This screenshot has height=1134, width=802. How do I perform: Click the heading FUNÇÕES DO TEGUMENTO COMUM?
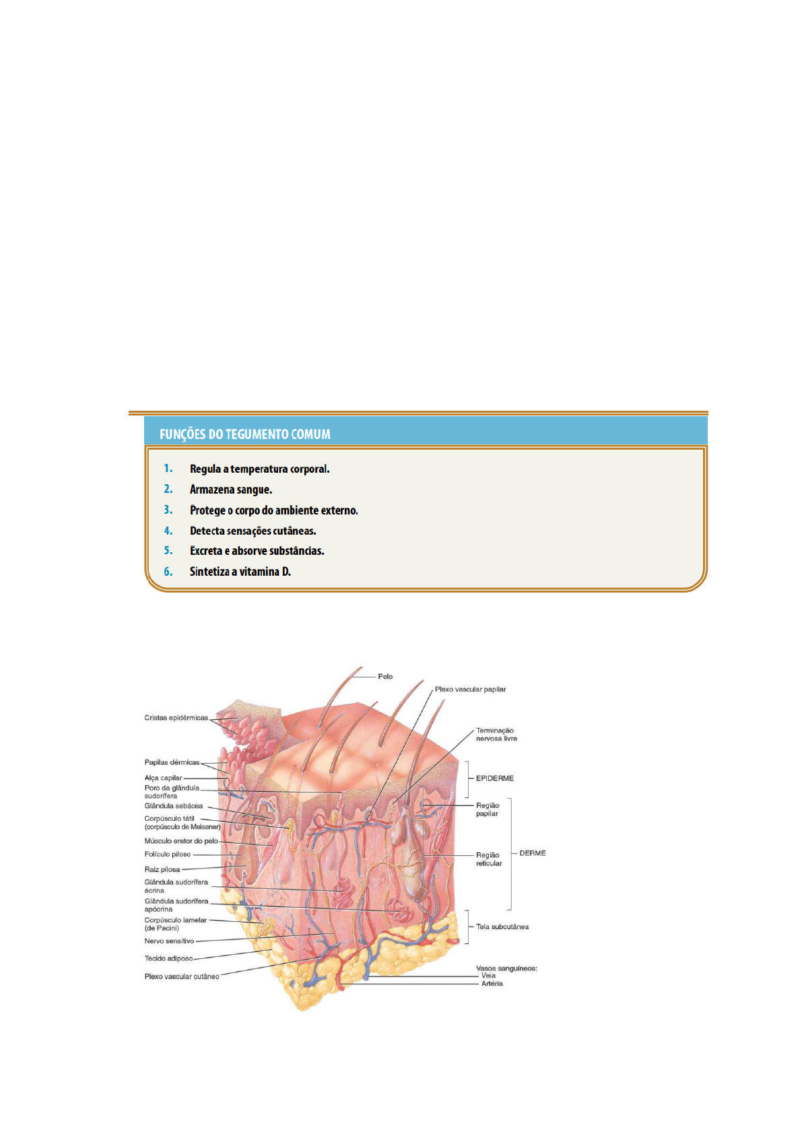click(244, 434)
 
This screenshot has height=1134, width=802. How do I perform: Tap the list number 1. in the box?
click(168, 468)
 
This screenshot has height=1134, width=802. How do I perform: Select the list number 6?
click(168, 571)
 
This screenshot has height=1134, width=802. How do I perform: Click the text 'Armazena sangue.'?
click(230, 490)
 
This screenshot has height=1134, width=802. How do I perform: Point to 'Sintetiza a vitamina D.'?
click(240, 572)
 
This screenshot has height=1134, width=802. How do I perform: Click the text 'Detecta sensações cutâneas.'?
click(253, 531)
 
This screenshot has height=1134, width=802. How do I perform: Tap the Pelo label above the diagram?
click(385, 677)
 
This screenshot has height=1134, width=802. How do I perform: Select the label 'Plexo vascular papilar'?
click(470, 690)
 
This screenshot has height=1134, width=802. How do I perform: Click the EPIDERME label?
click(494, 778)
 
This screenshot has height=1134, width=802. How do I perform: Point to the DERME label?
click(532, 853)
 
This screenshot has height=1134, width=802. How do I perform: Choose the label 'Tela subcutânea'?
click(502, 927)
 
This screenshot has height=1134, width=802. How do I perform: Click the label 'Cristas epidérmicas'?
click(176, 718)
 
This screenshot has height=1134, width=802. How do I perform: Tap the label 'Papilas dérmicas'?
click(172, 763)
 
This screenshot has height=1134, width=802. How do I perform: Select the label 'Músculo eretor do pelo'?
click(181, 841)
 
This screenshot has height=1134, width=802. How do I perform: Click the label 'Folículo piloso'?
click(168, 855)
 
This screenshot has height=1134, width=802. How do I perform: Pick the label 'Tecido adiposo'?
click(168, 959)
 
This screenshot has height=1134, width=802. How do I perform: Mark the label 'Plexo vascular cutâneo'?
click(181, 976)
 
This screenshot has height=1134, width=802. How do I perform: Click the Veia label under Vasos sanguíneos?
click(488, 976)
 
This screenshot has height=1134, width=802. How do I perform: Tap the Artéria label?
click(492, 984)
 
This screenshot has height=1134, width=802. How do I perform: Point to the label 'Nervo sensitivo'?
click(169, 941)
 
